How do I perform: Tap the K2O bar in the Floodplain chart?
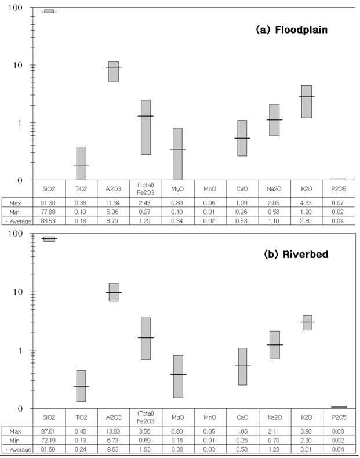point(306,101)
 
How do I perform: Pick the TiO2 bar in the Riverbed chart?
point(81,386)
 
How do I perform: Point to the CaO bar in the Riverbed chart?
point(242,366)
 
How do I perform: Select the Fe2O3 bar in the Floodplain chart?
point(145,127)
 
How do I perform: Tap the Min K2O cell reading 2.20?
point(306,441)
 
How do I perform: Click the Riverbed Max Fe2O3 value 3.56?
point(145,431)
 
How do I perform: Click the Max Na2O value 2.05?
point(274,202)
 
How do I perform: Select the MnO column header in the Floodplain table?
point(209,189)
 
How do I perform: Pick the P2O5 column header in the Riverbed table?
point(338,417)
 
